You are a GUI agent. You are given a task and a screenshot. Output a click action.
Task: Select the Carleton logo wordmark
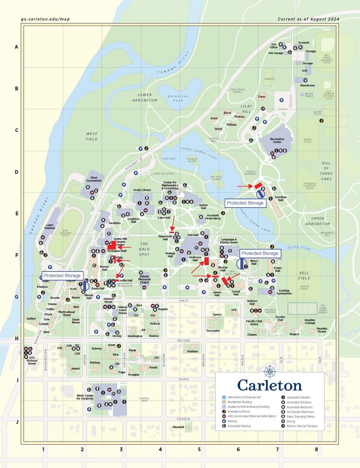pyautogui.click(x=269, y=385)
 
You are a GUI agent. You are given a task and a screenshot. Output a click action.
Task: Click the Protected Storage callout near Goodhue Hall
pyautogui.click(x=246, y=202)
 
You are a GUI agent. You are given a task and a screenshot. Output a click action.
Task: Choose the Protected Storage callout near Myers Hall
pyautogui.click(x=260, y=253)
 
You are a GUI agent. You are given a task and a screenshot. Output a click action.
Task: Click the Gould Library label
pyautogui.click(x=142, y=190)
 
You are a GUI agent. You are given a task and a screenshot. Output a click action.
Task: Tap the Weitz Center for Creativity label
pyautogui.click(x=85, y=397)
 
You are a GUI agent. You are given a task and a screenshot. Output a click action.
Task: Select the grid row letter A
pyautogui.click(x=16, y=47)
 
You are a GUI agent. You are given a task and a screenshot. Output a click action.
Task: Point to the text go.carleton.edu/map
pyautogui.click(x=45, y=19)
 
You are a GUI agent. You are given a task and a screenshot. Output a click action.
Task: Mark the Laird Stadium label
pyautogui.click(x=50, y=226)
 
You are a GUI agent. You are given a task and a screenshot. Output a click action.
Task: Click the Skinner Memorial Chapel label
pyautogui.click(x=145, y=279)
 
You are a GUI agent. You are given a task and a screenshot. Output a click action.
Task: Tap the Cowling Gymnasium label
pyautogui.click(x=284, y=292)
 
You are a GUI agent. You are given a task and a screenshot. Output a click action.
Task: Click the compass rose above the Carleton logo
pyautogui.click(x=270, y=371)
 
